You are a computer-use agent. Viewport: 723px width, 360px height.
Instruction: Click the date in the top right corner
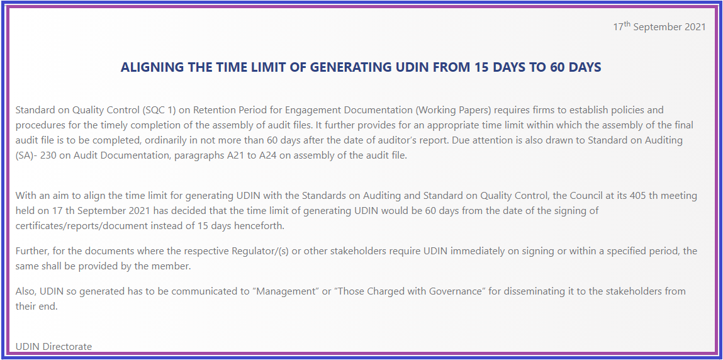(x=659, y=27)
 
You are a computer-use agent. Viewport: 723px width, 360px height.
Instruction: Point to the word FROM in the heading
(x=450, y=67)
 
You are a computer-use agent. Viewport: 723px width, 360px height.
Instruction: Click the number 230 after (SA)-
(x=50, y=155)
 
